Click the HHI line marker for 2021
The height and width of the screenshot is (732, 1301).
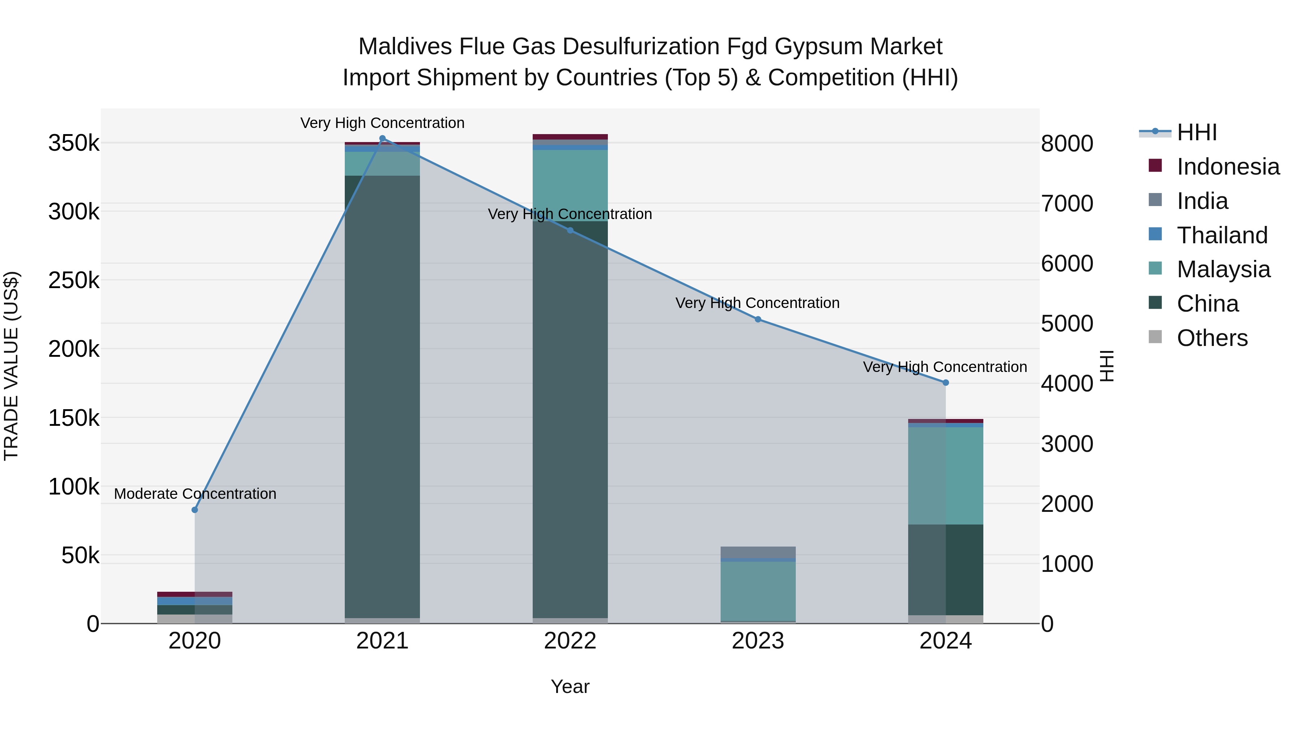pos(382,138)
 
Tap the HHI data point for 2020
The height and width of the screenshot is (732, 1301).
pos(195,510)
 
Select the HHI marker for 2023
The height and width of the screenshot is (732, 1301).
pos(757,319)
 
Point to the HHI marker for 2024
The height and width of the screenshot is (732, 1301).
pos(945,382)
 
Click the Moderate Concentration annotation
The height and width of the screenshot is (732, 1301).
pos(195,493)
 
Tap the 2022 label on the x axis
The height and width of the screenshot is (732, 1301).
pos(570,641)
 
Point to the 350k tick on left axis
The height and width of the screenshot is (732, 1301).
pos(74,144)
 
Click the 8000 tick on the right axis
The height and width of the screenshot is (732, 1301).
pos(1067,144)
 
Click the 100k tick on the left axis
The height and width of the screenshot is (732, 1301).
pos(74,487)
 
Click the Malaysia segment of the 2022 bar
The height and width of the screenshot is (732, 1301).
pos(570,185)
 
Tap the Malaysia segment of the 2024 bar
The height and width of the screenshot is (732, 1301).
pos(945,475)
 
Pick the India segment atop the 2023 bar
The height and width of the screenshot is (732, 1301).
pos(757,552)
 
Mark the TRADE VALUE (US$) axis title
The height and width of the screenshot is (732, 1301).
pos(12,366)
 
